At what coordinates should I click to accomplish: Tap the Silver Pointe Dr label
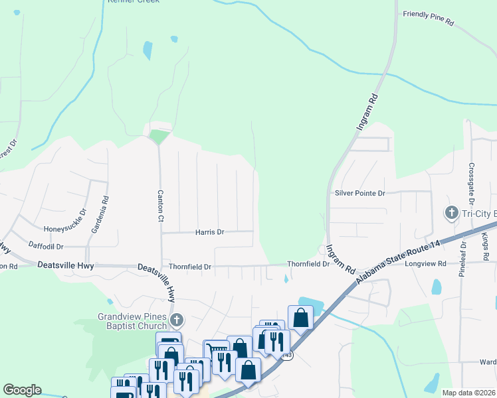tap(359, 193)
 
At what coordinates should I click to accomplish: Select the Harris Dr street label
tap(209, 232)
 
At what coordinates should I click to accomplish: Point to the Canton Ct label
tap(160, 206)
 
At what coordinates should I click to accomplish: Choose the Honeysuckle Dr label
tap(65, 229)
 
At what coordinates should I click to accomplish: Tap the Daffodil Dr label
tap(46, 245)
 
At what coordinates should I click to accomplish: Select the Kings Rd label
tap(485, 246)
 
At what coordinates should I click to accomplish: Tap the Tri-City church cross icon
tap(450, 213)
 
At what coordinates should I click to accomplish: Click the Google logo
tap(22, 390)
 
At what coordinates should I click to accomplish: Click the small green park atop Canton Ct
tap(159, 137)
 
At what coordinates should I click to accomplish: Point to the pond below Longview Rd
tap(436, 287)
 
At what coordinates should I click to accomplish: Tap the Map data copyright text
tap(469, 393)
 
